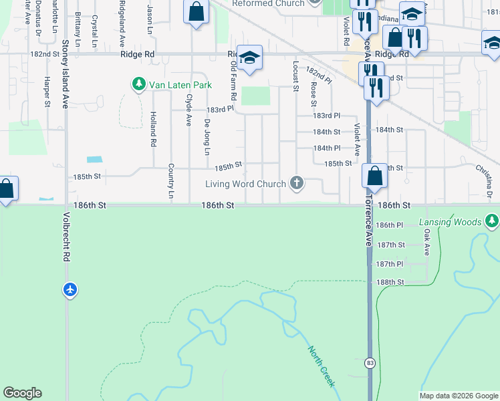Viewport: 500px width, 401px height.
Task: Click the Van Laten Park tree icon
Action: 138,85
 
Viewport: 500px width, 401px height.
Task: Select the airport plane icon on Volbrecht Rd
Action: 71,290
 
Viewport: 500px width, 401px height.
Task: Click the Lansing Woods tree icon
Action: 492,221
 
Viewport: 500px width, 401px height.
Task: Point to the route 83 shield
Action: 370,363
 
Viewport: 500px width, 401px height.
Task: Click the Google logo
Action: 22,393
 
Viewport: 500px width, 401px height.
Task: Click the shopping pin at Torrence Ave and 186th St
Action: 375,176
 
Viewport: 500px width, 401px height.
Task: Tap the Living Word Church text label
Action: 245,184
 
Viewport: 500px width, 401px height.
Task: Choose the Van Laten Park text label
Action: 180,85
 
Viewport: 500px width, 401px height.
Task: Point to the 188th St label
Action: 390,283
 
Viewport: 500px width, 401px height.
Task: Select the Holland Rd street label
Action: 154,129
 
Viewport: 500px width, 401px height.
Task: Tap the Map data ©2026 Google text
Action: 459,396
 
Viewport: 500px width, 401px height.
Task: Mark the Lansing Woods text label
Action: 451,221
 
